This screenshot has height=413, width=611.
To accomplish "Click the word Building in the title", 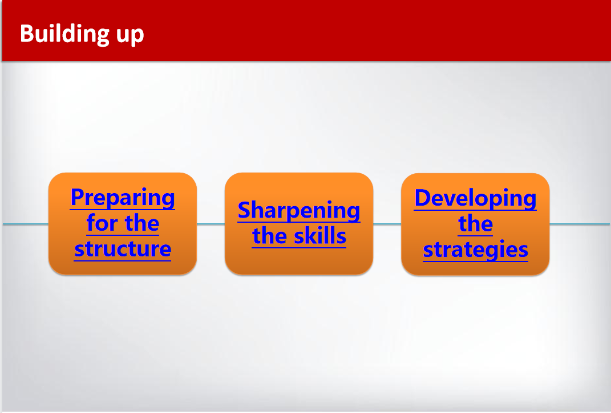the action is [64, 34].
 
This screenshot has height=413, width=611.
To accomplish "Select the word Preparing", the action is [122, 198].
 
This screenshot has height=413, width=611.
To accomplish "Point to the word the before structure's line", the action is [142, 223].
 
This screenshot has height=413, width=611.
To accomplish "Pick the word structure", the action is [122, 249].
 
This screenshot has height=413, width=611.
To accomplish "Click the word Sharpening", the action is [299, 211].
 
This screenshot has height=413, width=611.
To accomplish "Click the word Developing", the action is [475, 198].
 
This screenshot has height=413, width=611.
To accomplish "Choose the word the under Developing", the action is [475, 223].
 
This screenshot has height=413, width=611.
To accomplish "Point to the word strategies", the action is [475, 250].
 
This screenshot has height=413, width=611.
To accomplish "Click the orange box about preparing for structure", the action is [122, 223].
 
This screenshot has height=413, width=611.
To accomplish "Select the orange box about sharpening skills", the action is [299, 223].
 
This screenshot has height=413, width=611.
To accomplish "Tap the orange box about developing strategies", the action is [475, 224].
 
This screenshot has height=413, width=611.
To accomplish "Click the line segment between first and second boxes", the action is [211, 224].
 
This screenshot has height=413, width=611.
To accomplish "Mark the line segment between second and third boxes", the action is [387, 224].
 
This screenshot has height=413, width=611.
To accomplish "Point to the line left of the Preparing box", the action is [26, 224].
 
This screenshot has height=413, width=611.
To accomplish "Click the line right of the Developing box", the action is [580, 224].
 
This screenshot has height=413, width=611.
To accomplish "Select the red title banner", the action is [306, 30].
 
